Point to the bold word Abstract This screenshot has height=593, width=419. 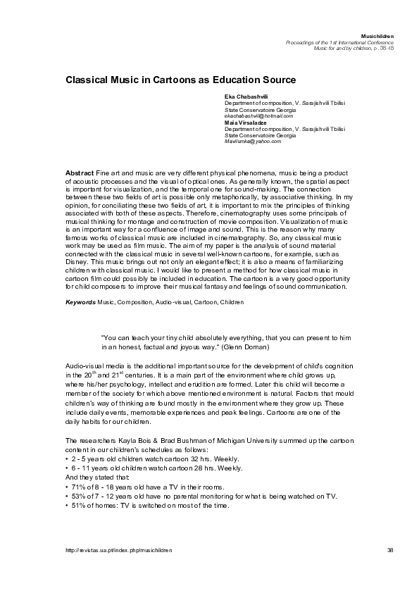[x=79, y=173]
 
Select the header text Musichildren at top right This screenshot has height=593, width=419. [x=377, y=35]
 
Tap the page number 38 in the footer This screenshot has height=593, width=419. [x=390, y=549]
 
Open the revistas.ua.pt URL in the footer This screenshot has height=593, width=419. [x=118, y=549]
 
